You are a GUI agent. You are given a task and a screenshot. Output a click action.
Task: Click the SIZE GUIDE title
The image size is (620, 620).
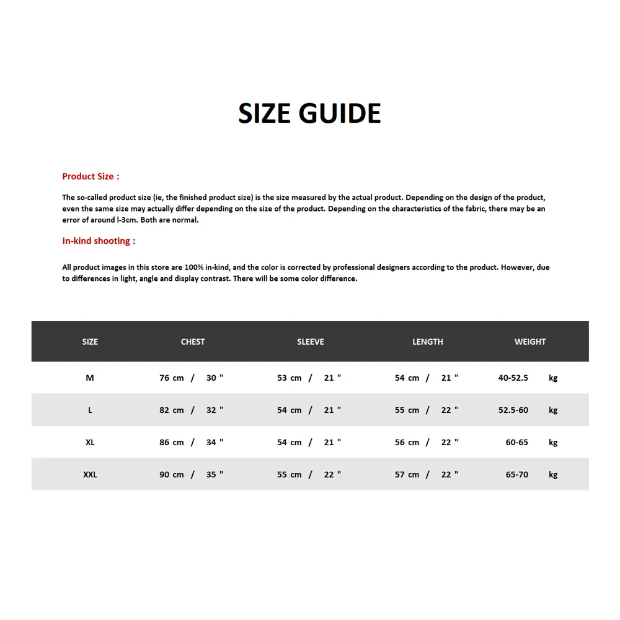click(309, 113)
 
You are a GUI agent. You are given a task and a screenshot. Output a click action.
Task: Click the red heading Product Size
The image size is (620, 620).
click(91, 177)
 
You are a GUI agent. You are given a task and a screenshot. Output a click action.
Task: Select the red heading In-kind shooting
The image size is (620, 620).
click(99, 241)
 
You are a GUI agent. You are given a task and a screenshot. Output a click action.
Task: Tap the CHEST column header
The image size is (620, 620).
click(193, 342)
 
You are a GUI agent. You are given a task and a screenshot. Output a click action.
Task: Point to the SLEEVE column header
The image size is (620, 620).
click(311, 342)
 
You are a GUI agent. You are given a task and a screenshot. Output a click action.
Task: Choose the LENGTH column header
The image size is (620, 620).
click(428, 342)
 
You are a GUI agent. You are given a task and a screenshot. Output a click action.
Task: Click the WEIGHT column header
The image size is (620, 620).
click(530, 342)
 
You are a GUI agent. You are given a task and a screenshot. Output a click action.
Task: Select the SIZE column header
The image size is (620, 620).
click(90, 342)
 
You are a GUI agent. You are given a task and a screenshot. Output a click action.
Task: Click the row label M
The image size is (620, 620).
click(90, 378)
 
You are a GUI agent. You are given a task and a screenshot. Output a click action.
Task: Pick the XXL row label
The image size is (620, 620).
click(90, 474)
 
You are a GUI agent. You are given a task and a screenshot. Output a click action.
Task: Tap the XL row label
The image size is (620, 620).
click(90, 442)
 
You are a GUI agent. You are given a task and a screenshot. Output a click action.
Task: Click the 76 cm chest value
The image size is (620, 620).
click(172, 378)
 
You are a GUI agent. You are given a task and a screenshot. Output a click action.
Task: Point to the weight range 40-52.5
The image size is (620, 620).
click(513, 378)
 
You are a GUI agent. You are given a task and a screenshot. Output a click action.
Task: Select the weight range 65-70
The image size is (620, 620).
click(517, 474)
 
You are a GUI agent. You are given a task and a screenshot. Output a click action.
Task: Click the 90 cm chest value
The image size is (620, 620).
click(172, 474)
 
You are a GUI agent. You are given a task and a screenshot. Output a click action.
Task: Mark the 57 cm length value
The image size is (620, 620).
click(407, 474)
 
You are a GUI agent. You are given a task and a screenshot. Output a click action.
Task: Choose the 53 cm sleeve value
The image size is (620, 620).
click(290, 378)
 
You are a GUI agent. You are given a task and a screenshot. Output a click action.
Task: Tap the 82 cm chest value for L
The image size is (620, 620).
click(172, 410)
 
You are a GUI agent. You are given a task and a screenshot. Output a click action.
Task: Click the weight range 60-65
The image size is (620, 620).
click(517, 442)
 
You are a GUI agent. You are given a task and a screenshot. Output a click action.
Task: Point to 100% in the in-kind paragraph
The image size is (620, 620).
click(194, 267)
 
